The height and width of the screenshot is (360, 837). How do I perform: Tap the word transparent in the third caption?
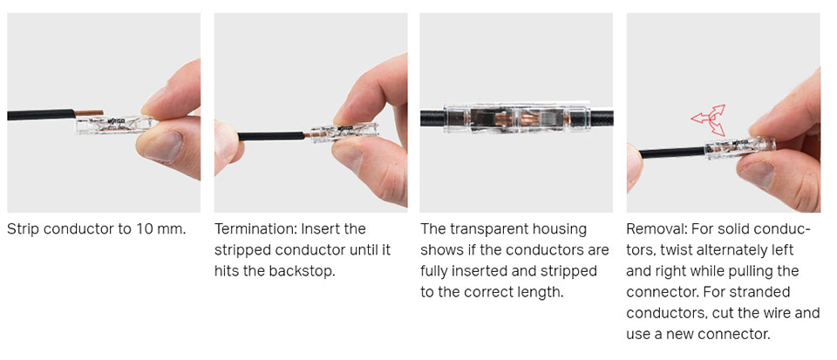[x=487, y=229]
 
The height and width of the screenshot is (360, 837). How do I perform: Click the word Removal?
[x=657, y=229]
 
